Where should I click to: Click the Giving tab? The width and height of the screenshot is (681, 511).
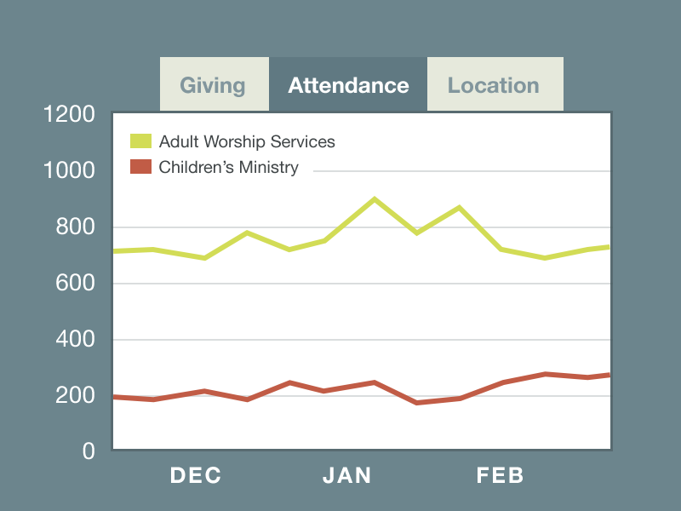click(213, 85)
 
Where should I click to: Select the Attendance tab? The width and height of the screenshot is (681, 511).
click(348, 85)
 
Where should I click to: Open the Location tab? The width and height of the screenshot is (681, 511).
click(494, 85)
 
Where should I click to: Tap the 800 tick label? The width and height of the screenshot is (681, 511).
click(76, 227)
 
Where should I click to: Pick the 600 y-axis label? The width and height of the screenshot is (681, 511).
click(76, 284)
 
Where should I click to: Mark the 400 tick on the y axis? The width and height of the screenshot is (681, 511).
click(76, 340)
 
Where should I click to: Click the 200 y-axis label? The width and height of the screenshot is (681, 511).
click(76, 396)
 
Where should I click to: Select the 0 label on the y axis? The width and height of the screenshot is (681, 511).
click(89, 451)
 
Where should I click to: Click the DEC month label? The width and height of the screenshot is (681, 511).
click(196, 475)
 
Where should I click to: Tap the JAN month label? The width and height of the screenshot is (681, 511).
click(347, 475)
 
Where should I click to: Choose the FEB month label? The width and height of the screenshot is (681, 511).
click(501, 475)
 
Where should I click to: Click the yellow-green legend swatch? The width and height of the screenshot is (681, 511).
click(140, 141)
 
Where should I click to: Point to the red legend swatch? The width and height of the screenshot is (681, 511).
click(140, 167)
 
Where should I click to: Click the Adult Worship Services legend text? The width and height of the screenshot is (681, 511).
click(247, 141)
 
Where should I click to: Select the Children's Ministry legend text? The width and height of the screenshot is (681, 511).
click(228, 167)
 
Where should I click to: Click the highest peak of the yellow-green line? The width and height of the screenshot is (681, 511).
click(374, 198)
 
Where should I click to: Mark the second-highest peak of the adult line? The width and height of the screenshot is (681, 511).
click(459, 207)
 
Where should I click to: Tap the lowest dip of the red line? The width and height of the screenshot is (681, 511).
click(416, 402)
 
